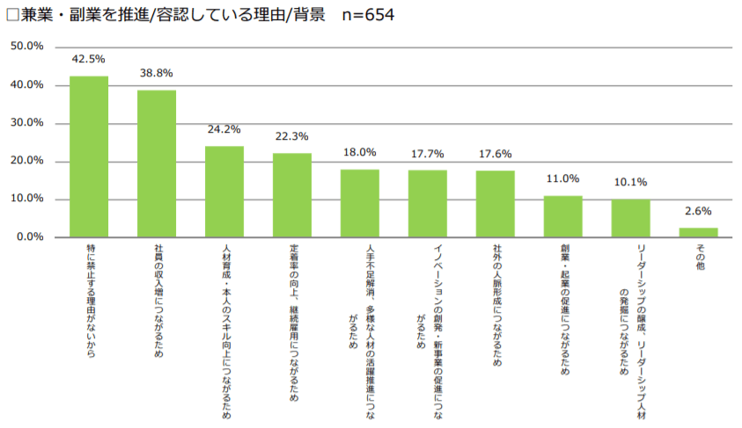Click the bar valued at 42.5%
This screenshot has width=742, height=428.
89,156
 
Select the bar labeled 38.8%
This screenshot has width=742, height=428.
157,163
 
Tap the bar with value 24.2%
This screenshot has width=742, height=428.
224,192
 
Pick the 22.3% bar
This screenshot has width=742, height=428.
292,195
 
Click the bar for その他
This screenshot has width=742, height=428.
698,232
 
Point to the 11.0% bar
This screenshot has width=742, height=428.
562,216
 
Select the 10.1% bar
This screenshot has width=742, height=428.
630,218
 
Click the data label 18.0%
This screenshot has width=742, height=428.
359,152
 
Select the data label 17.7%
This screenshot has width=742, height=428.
427,154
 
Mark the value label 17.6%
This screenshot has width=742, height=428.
495,154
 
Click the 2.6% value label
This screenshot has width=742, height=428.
697,211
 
